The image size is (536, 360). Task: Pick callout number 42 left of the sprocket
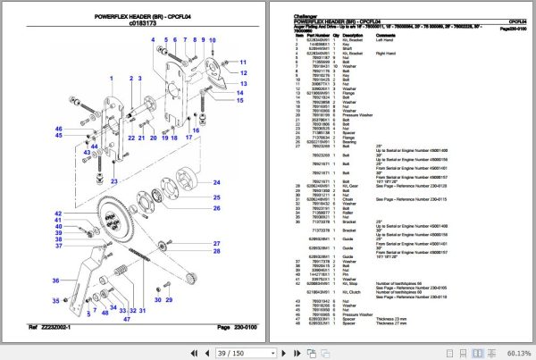pyautogui.click(x=56, y=213)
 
